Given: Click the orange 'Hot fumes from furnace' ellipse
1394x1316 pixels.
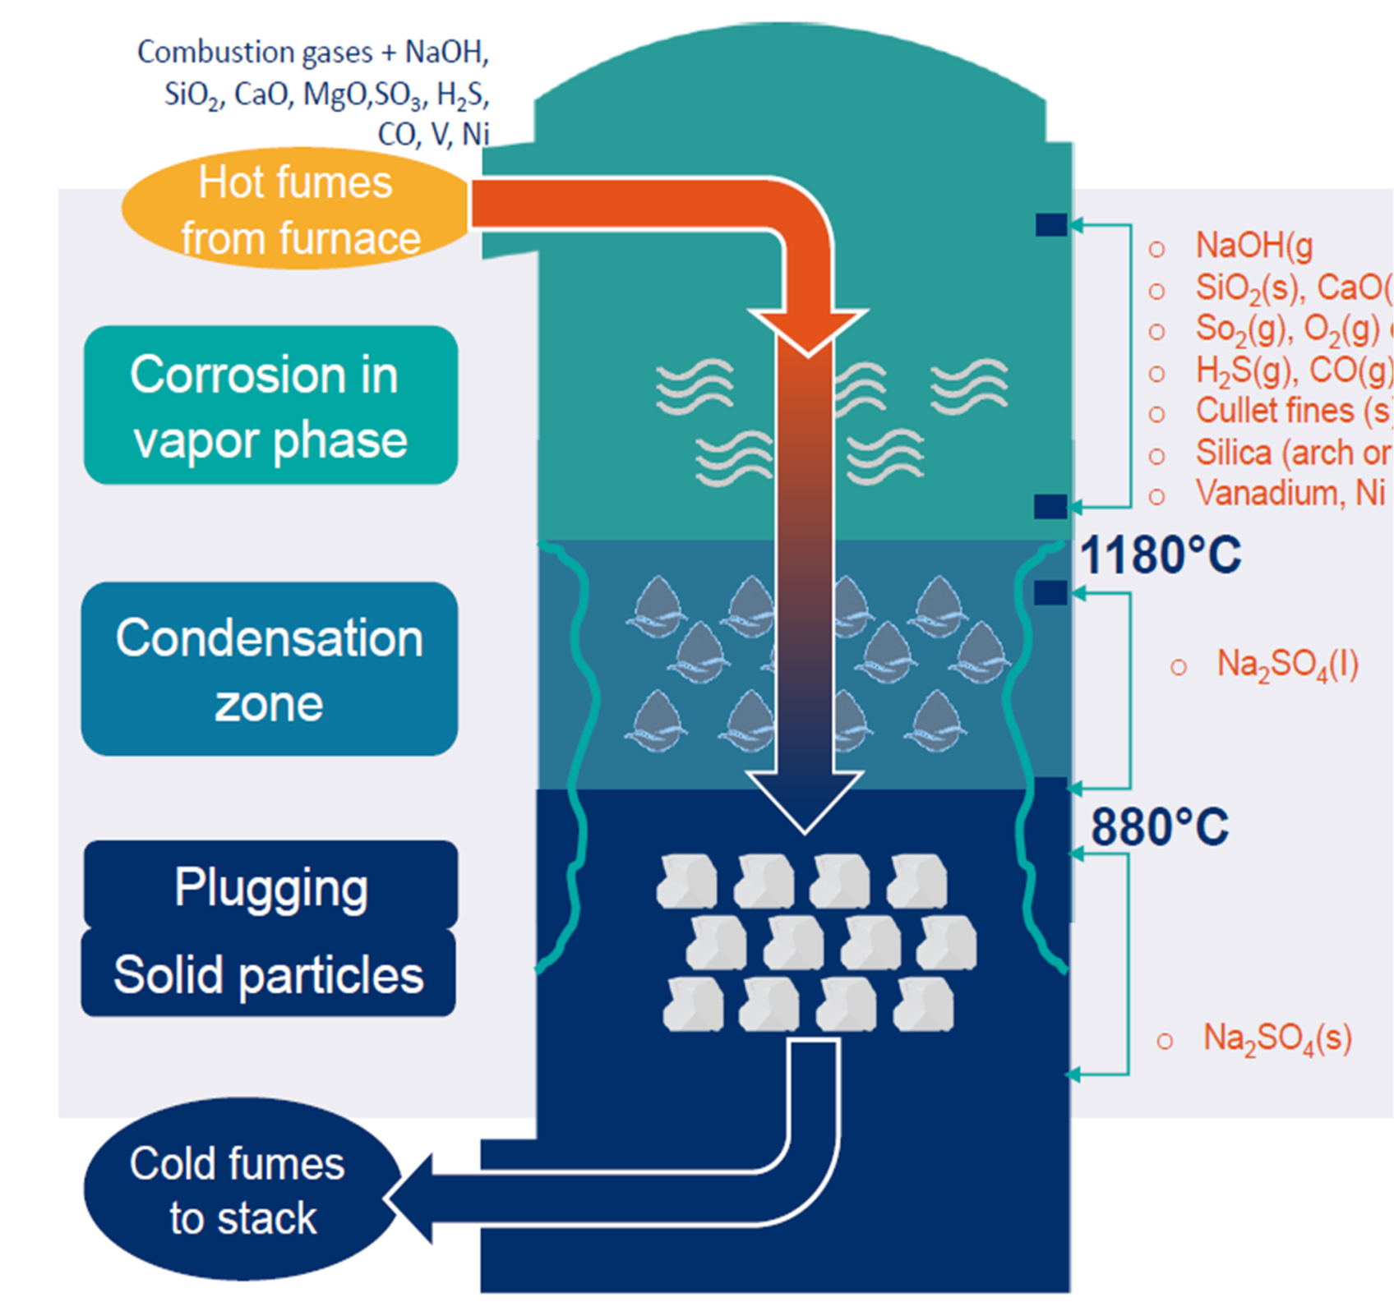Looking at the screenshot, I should (x=296, y=209).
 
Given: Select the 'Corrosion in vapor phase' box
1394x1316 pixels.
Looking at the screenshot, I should (x=270, y=406).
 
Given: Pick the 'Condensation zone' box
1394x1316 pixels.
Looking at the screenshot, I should (x=270, y=669).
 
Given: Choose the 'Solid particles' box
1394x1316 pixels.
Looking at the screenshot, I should (x=269, y=974).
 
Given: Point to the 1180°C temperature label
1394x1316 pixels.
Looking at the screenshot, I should (x=1160, y=555).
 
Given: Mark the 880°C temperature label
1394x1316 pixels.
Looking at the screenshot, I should (x=1159, y=826).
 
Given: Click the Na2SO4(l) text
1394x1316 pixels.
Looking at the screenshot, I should (x=1287, y=665).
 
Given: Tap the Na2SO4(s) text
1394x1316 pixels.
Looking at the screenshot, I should (x=1277, y=1038).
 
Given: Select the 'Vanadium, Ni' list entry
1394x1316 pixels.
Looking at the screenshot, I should (x=1290, y=493).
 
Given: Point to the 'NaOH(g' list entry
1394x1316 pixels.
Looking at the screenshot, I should (x=1254, y=245).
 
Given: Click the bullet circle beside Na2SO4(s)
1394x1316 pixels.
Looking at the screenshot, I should (x=1165, y=1041).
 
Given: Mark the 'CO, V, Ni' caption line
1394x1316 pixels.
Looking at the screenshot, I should (x=433, y=134).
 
